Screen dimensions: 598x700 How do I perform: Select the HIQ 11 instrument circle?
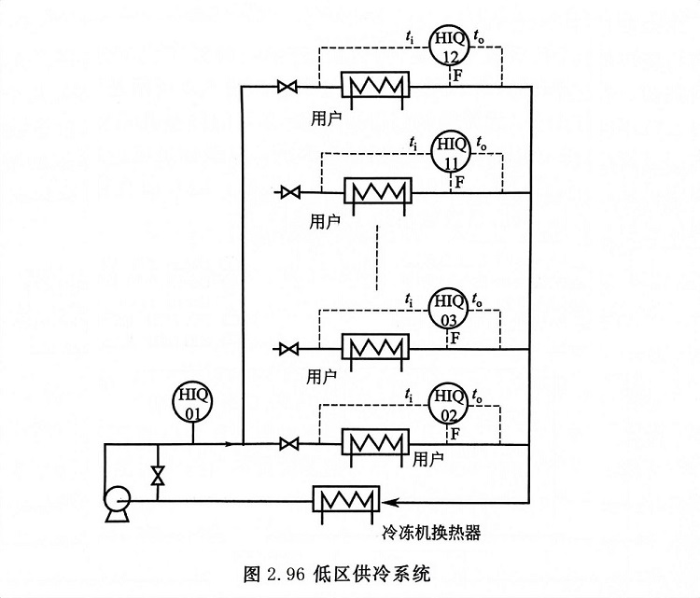[x=452, y=151]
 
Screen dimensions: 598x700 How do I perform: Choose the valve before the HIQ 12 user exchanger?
[x=287, y=89]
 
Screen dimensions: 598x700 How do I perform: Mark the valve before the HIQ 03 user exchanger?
[x=289, y=349]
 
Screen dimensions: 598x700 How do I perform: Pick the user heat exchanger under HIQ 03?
[x=375, y=349]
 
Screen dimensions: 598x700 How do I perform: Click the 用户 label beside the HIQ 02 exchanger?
[x=427, y=460]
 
